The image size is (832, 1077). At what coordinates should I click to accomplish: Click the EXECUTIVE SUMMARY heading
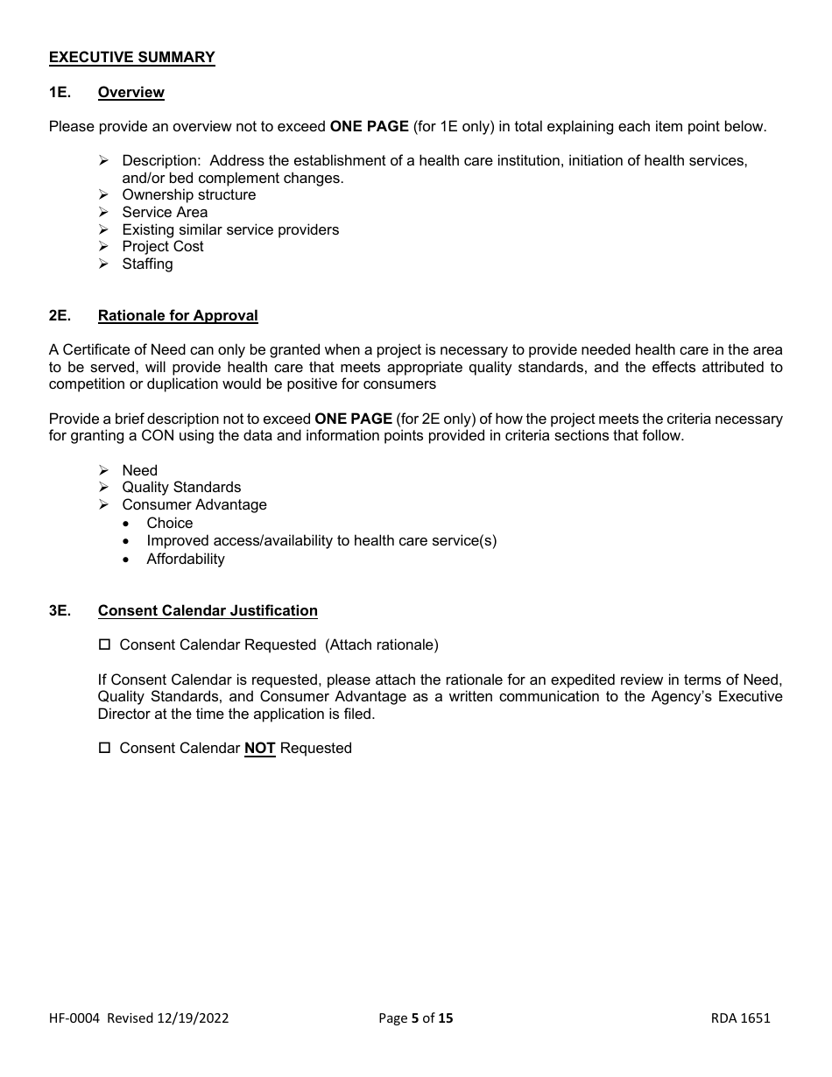(x=131, y=58)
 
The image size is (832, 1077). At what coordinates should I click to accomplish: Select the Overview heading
(x=130, y=93)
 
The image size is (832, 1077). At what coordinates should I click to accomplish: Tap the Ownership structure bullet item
(x=188, y=195)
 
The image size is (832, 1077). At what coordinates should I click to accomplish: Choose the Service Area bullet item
(x=165, y=213)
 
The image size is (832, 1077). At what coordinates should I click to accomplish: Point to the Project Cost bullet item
(x=162, y=247)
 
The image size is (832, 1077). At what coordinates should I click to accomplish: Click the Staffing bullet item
(x=147, y=264)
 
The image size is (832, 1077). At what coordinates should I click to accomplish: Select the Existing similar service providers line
(x=229, y=230)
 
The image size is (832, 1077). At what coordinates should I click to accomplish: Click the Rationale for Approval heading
(x=178, y=316)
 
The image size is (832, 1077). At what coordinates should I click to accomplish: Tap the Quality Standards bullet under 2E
(x=180, y=488)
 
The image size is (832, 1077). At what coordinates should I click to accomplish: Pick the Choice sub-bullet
(x=169, y=524)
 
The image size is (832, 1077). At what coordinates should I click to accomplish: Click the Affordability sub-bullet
(x=185, y=560)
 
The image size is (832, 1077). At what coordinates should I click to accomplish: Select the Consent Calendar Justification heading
(x=208, y=611)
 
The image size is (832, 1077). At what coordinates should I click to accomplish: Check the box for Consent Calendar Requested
(x=104, y=645)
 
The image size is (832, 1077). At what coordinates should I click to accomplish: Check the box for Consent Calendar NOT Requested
(x=104, y=749)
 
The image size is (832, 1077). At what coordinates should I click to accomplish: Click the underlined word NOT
(x=259, y=749)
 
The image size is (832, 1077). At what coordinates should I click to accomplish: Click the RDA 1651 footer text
(x=740, y=1018)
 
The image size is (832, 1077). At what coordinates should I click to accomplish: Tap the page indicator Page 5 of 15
(x=415, y=1018)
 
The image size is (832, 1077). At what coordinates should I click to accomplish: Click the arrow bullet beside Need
(x=103, y=471)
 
